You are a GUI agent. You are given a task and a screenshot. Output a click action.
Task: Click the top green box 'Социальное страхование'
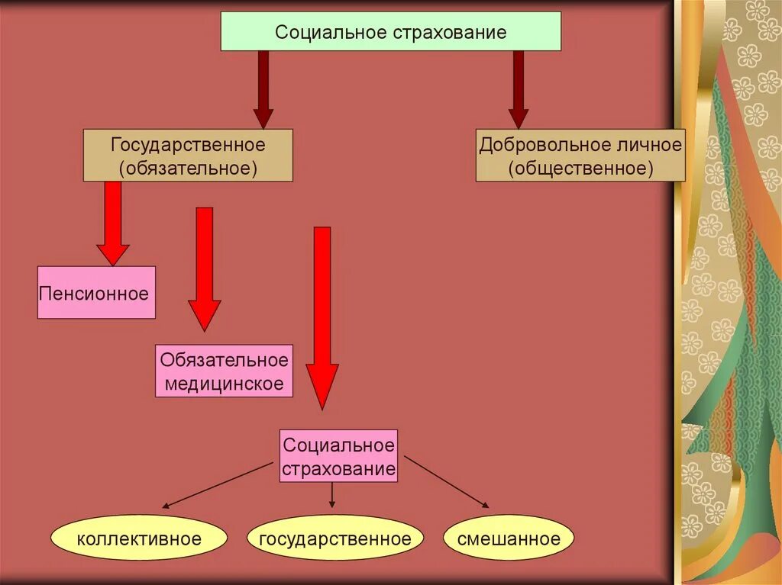390,32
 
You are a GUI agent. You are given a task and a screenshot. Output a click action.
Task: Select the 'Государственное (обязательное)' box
188,155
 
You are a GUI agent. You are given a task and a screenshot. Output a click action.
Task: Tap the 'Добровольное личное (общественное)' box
580,155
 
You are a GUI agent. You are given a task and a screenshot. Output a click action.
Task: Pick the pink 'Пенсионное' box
96,292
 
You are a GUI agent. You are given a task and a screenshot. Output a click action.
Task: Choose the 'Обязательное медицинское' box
225,371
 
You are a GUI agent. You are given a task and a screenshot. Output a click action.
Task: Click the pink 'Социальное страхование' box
339,456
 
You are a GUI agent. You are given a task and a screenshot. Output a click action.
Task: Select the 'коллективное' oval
139,538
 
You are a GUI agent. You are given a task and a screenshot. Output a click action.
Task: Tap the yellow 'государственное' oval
335,538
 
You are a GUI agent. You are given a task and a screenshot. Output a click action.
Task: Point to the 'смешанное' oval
509,538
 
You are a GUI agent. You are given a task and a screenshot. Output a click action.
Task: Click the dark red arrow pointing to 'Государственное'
263,88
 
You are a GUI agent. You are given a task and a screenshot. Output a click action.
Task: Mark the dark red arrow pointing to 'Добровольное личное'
519,88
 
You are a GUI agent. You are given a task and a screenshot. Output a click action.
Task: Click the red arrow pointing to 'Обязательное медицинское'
205,267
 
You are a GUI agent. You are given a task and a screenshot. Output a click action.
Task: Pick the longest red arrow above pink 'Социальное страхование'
322,317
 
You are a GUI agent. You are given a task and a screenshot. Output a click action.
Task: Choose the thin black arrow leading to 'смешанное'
447,482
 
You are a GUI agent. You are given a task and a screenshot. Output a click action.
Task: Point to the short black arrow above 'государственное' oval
332,496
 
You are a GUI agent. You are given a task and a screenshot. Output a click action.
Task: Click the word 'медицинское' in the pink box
225,384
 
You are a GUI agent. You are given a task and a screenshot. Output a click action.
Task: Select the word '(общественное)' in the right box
580,168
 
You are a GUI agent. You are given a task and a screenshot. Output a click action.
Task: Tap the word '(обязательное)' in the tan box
188,168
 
